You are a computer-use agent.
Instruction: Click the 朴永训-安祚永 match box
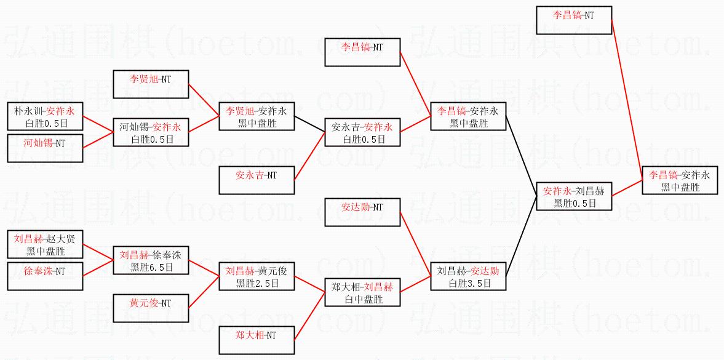click(44, 117)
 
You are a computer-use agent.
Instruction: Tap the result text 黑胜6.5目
click(151, 267)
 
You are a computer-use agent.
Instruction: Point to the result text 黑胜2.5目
click(257, 283)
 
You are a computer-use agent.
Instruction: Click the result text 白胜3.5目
click(469, 283)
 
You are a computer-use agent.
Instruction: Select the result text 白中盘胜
click(362, 299)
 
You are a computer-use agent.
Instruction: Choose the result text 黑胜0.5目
click(575, 203)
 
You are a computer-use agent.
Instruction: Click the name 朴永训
click(27, 111)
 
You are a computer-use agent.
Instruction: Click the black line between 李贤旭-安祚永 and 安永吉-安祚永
click(310, 124)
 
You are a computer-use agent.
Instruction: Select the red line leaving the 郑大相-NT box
click(310, 313)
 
